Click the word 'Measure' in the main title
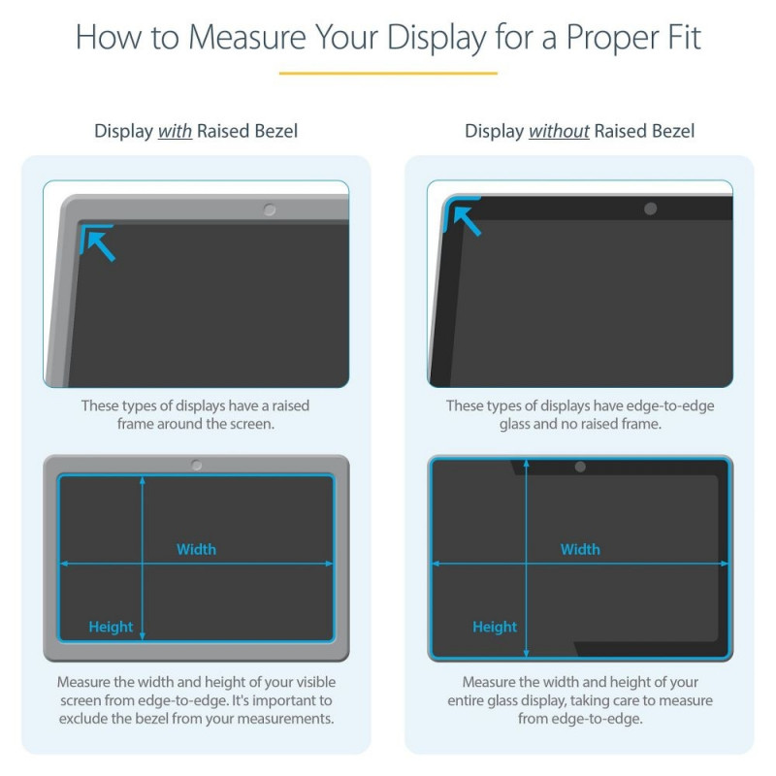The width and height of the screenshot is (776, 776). (x=247, y=38)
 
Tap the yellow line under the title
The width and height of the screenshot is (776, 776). (x=388, y=74)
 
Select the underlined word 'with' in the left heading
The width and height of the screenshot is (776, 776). (x=175, y=131)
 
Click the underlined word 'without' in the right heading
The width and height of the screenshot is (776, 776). (x=559, y=131)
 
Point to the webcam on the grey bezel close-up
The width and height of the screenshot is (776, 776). (x=270, y=210)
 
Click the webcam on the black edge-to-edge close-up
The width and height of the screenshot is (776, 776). (x=650, y=209)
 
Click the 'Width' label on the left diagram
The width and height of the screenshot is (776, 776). (x=197, y=549)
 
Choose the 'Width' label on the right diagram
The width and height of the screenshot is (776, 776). (x=580, y=549)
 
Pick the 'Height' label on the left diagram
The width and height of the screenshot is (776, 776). (x=111, y=627)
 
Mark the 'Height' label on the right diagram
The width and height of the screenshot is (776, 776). (x=495, y=627)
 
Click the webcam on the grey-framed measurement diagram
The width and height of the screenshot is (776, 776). (x=197, y=466)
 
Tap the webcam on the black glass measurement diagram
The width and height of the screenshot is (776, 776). (x=580, y=467)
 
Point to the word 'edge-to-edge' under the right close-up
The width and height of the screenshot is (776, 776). (x=670, y=406)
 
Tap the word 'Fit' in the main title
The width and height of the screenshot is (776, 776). (x=685, y=38)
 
